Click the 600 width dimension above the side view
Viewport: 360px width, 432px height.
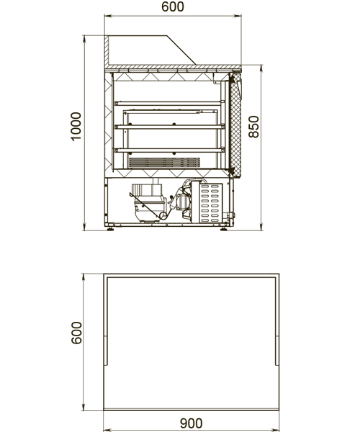(x=173, y=7)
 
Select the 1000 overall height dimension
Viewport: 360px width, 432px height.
(x=76, y=127)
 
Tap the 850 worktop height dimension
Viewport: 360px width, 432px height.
(x=253, y=127)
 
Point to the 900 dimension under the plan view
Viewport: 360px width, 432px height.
(x=191, y=423)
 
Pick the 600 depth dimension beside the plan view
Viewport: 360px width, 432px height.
(x=76, y=333)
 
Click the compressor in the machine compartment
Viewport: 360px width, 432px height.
(x=148, y=202)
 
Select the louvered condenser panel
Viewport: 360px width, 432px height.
(x=211, y=203)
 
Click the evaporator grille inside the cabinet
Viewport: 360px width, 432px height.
(x=164, y=163)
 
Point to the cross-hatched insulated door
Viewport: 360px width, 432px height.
(x=235, y=125)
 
